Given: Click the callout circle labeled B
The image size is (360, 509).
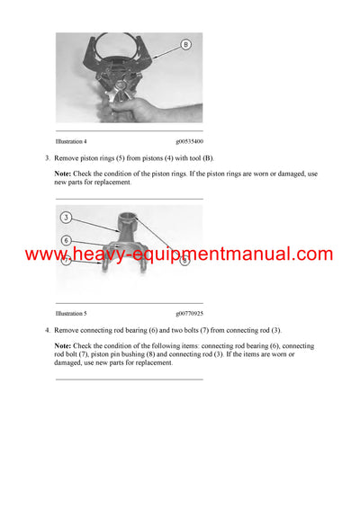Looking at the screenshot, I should (x=185, y=43).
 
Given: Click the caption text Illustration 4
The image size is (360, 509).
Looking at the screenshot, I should (x=71, y=141).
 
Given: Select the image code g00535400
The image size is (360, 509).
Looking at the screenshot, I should (x=189, y=141).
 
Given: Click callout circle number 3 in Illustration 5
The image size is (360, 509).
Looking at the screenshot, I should (x=66, y=218).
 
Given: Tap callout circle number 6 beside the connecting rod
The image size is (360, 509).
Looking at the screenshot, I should (x=66, y=240).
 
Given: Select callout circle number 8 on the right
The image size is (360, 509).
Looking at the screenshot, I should (x=184, y=260).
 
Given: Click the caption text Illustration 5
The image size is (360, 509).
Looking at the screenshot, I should (x=71, y=314).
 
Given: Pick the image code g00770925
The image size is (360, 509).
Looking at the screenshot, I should (x=189, y=314).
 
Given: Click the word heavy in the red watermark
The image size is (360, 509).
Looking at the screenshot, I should (x=90, y=255).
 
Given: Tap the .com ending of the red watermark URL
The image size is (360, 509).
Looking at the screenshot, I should (x=315, y=254).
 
